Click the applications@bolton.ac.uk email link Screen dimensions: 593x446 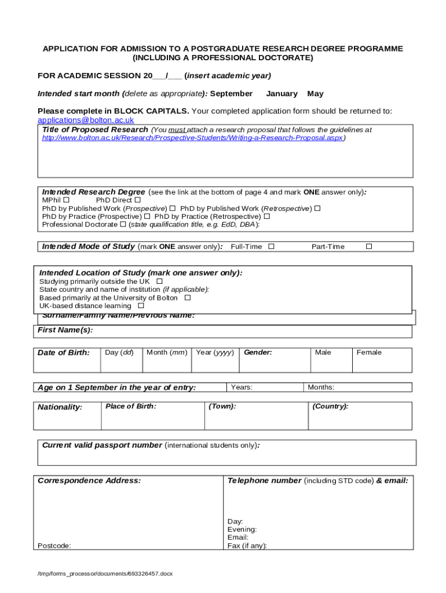coord(86,120)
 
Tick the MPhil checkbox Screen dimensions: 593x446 coord(66,200)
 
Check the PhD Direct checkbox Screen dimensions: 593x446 coord(138,200)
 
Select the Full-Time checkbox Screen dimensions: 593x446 coord(271,246)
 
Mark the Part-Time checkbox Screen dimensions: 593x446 coord(368,246)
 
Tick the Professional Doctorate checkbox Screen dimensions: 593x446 coord(123,224)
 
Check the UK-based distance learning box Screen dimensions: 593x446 coord(141,305)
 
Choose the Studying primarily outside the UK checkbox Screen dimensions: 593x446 coord(159,281)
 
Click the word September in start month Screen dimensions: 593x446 coord(231,94)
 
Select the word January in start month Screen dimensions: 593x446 coord(282,94)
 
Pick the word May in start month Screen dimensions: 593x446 coord(316,94)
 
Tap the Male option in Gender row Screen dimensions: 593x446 coord(323,353)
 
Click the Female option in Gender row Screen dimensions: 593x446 coord(369,353)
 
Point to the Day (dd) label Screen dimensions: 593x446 coord(119,353)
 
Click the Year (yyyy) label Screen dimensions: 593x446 coord(215,353)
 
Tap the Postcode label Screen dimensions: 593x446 coord(54,546)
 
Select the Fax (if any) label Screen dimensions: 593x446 coord(247,546)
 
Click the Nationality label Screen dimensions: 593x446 coord(60,408)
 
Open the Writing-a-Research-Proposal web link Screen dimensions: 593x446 coord(192,138)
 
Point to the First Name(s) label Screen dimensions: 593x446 coord(65,330)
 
